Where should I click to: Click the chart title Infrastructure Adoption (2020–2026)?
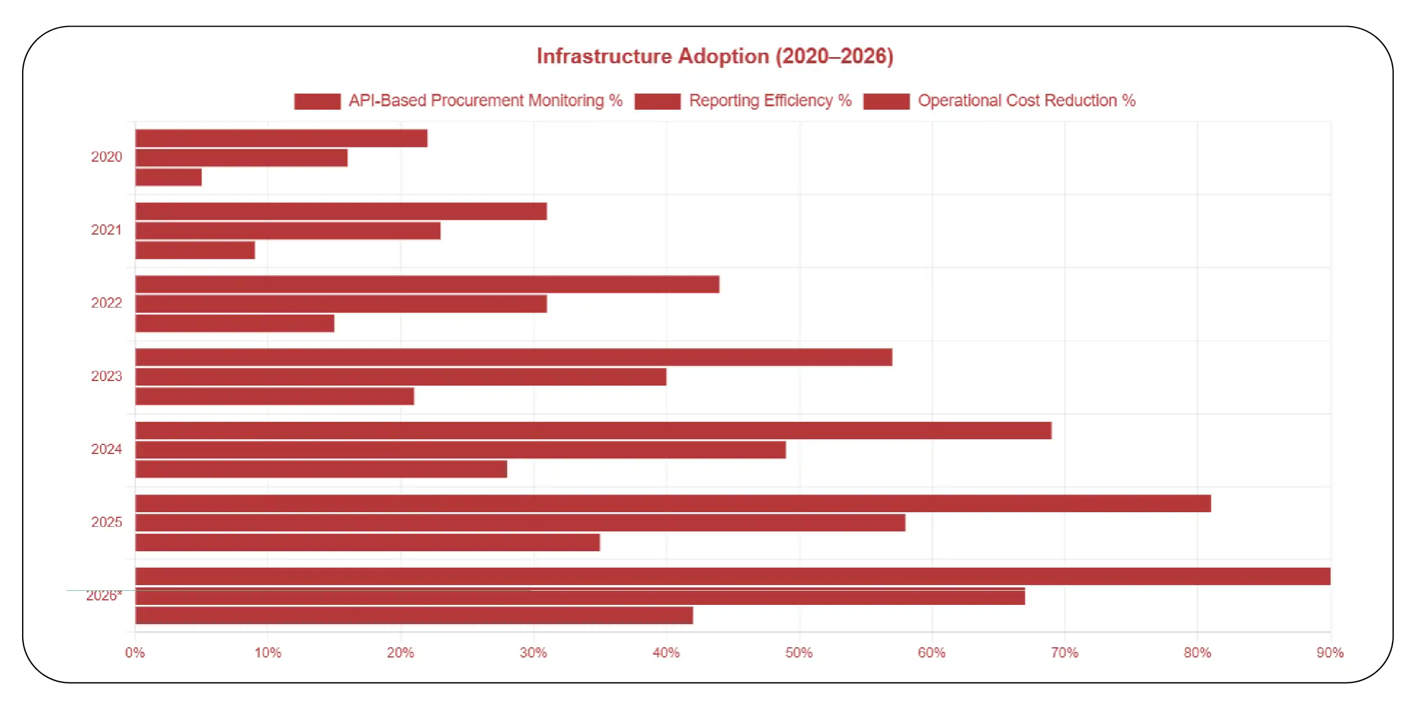point(715,56)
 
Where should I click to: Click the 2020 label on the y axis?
point(106,157)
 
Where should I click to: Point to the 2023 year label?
point(106,376)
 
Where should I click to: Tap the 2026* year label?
point(104,596)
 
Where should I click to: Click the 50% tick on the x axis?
point(798,653)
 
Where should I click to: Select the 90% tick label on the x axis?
point(1329,653)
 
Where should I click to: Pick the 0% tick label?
point(135,653)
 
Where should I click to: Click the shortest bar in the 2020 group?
point(169,177)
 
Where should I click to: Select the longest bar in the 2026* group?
point(732,576)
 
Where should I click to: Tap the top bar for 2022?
point(427,284)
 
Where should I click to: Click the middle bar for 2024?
point(460,450)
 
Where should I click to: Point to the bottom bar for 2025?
point(367,542)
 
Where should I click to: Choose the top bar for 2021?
point(341,211)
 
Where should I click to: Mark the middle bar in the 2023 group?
point(401,377)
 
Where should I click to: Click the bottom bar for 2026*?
point(414,616)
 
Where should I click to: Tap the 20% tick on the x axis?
point(400,653)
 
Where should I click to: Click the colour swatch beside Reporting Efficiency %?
point(657,101)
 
